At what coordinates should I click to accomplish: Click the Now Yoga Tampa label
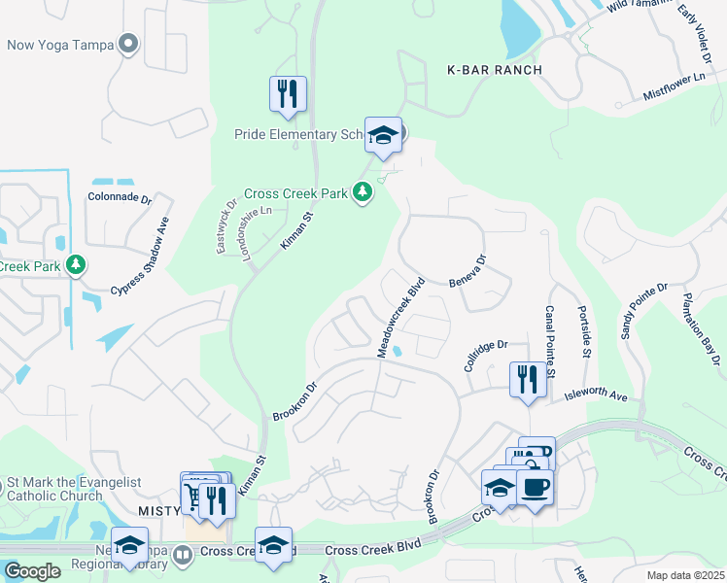coord(60,45)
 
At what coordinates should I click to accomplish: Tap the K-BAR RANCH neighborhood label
coord(493,70)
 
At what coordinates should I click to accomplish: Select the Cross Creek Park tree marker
coord(363,192)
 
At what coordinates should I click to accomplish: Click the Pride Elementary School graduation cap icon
coord(383,135)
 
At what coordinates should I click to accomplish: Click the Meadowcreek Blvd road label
coord(401,318)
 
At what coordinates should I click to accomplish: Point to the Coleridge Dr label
coord(486,346)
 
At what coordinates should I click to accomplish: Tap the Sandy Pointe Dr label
coord(644,310)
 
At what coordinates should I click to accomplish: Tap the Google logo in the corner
coord(32,571)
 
